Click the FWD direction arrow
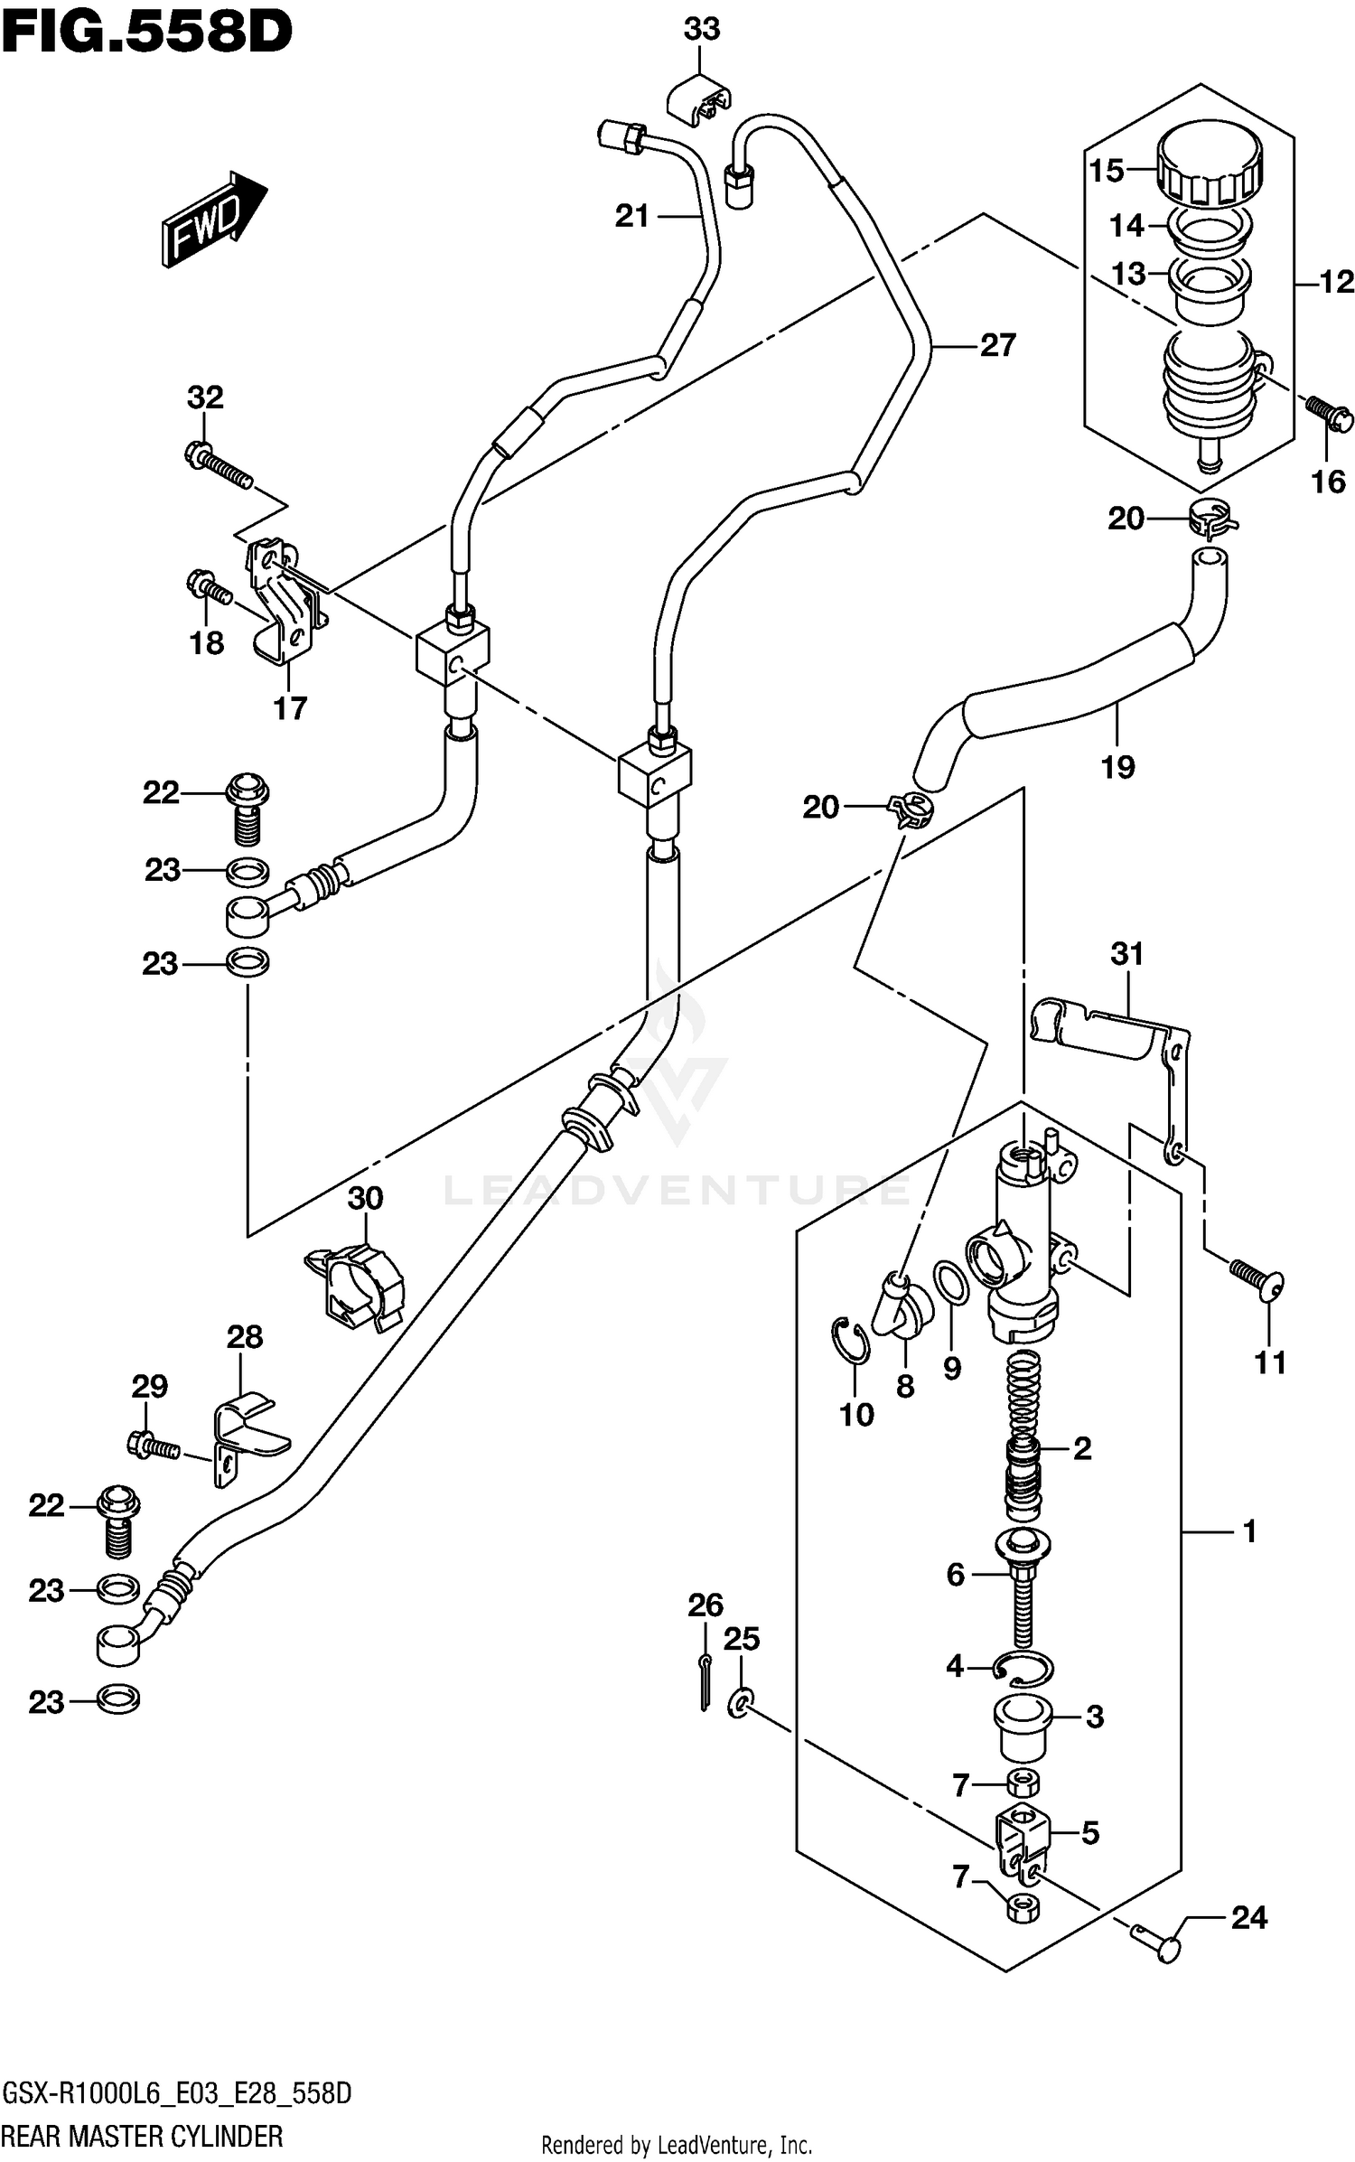pos(214,220)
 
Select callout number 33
pos(701,29)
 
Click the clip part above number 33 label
pos(699,101)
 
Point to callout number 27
pos(997,345)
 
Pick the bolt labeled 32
pos(219,462)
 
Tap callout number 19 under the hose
pos(1117,767)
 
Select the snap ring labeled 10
pos(850,1342)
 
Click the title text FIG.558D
pos(146,33)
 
